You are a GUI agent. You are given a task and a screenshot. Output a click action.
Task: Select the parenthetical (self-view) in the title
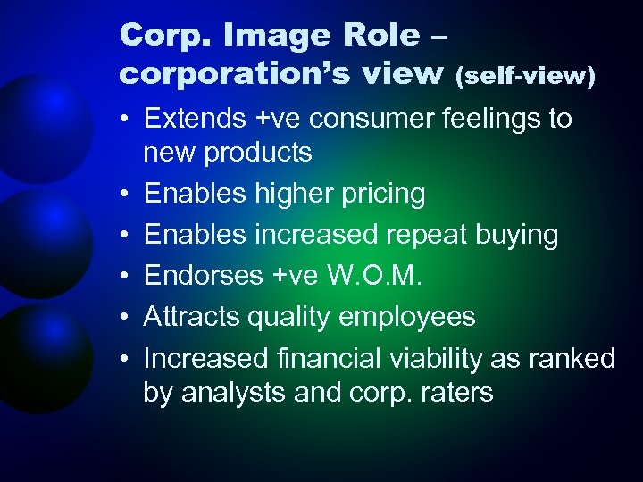tap(525, 78)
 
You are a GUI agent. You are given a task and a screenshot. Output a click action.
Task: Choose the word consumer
tap(358, 119)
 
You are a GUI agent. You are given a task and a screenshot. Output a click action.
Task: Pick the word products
tap(259, 153)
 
